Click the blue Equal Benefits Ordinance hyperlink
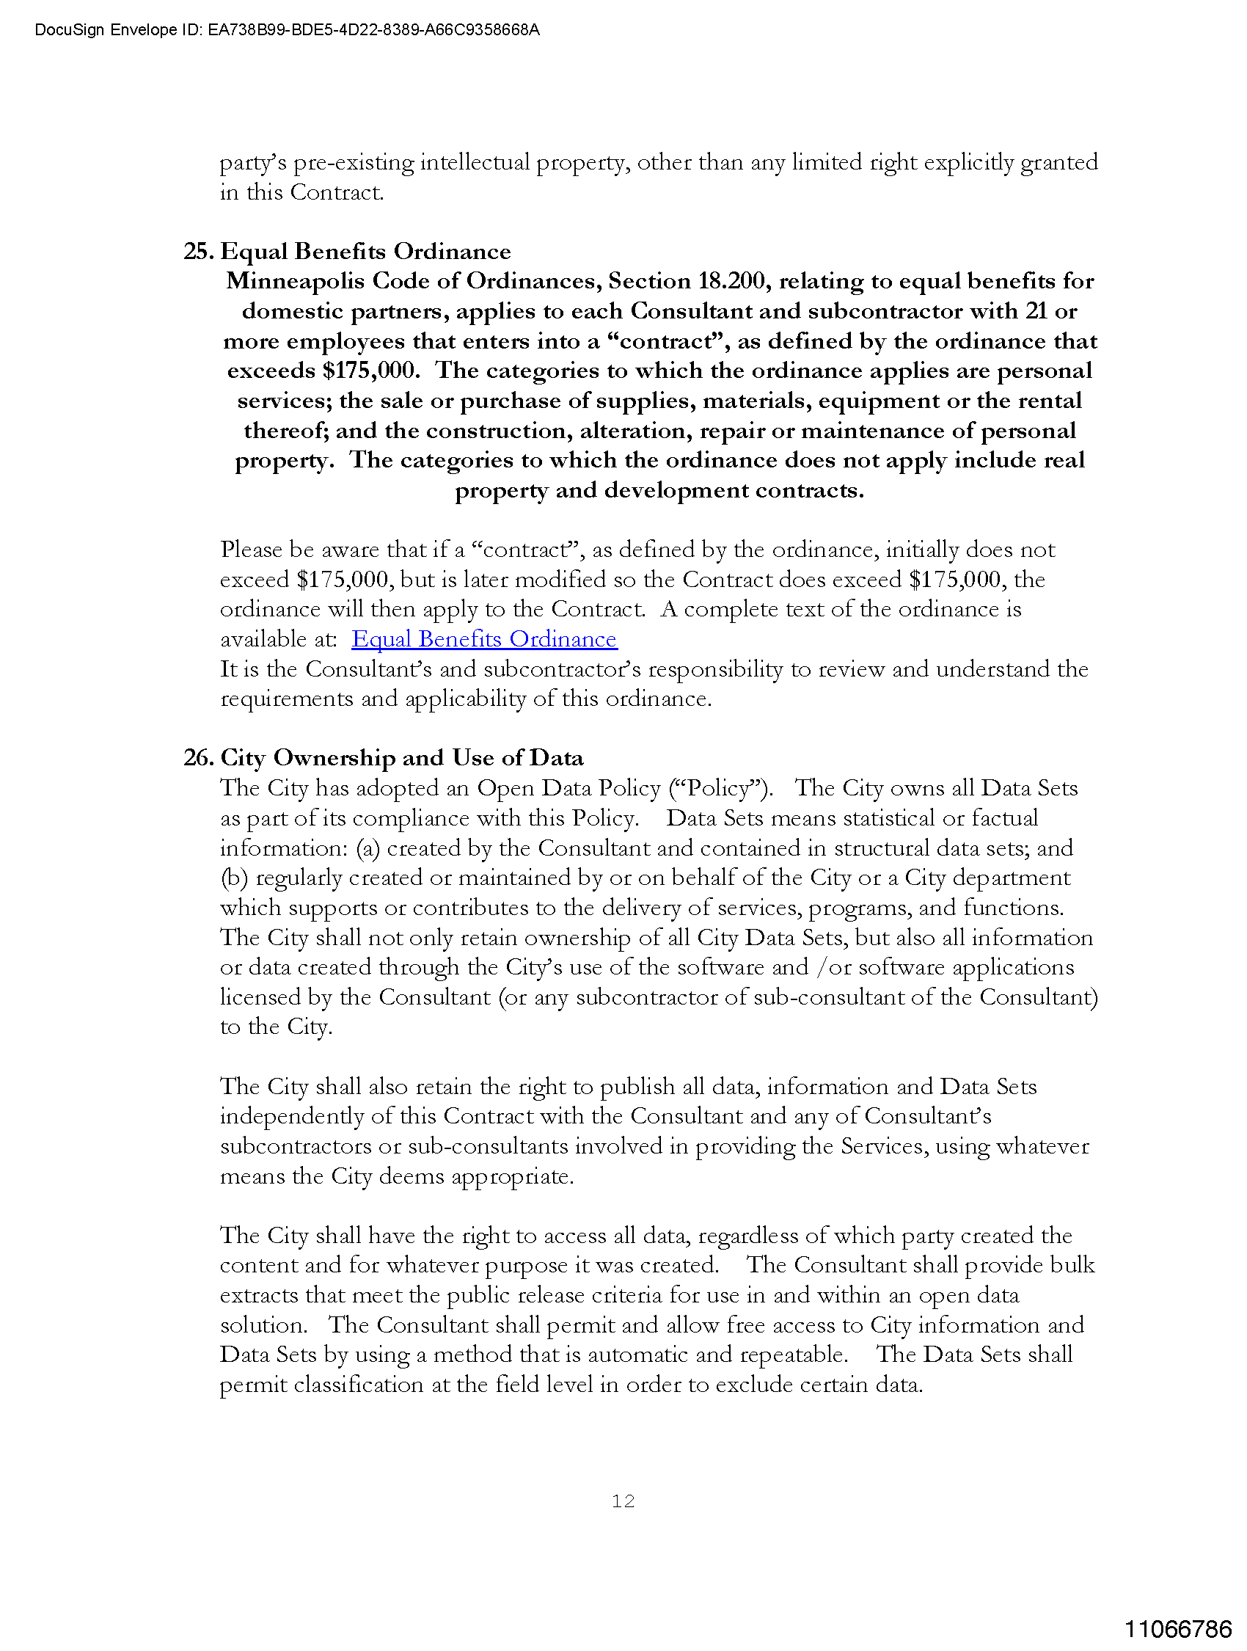pos(483,639)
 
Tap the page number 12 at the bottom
pos(623,1501)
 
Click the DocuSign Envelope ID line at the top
pos(288,30)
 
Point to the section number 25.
pos(199,252)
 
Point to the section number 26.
pos(199,757)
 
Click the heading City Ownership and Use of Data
pos(402,757)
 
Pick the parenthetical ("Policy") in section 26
pos(720,788)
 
